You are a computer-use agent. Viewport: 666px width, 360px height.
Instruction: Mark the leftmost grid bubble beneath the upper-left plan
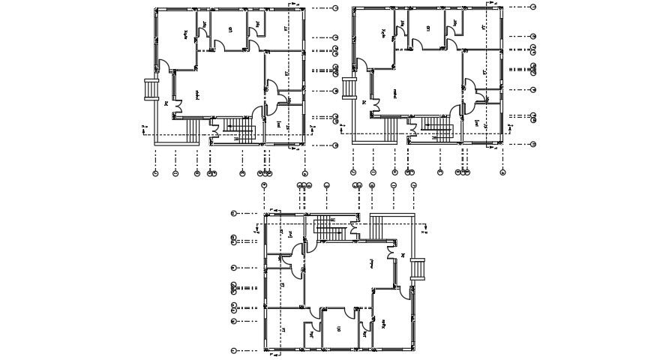click(x=155, y=173)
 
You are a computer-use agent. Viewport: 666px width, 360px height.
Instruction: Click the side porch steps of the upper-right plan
click(x=348, y=87)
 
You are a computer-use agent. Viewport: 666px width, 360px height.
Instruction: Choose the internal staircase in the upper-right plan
click(x=437, y=129)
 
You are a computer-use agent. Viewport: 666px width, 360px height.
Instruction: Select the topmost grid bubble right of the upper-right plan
click(x=533, y=7)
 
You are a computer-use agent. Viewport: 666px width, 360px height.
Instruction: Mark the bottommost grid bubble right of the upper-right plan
click(x=533, y=144)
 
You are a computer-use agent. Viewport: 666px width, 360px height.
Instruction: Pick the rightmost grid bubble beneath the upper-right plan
click(x=502, y=172)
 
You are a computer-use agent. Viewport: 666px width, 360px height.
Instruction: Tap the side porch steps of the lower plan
click(x=418, y=268)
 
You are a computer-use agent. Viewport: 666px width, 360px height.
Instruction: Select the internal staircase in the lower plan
click(x=328, y=226)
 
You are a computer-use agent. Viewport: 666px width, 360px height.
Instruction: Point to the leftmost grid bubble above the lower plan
click(x=265, y=184)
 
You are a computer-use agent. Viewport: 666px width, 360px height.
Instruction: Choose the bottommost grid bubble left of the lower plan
click(x=235, y=350)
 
